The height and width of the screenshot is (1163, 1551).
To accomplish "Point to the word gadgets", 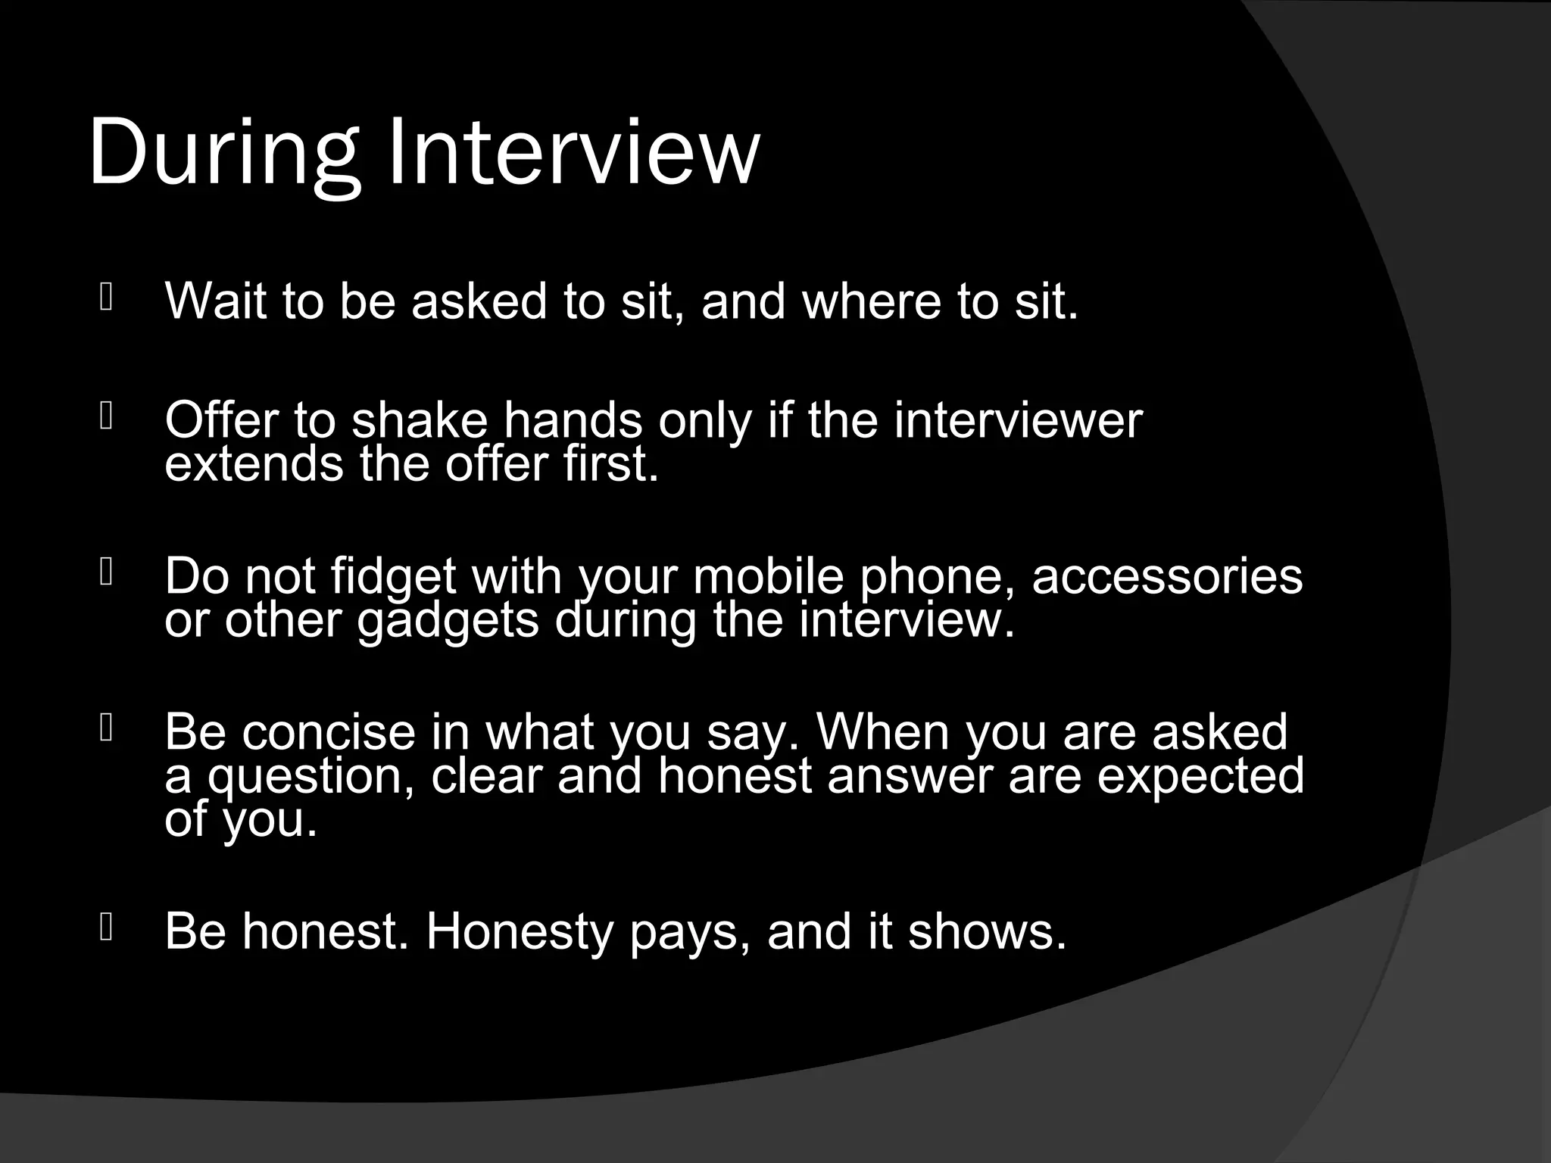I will [x=448, y=621].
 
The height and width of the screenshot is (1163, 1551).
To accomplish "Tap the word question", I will [x=311, y=777].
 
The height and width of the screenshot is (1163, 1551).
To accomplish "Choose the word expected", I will [x=1201, y=777].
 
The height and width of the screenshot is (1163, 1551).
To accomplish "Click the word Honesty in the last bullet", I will [x=520, y=931].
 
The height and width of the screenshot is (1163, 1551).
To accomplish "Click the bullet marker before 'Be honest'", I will [x=106, y=927].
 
